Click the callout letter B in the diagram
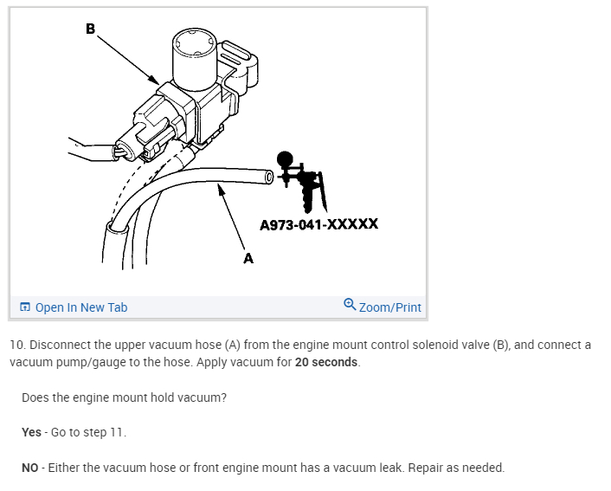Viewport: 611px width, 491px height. (90, 29)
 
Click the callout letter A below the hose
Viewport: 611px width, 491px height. (248, 257)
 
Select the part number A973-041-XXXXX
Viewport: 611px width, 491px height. (318, 224)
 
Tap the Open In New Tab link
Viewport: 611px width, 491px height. (81, 307)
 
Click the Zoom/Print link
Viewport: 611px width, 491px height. (390, 307)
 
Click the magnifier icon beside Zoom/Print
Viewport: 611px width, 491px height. (350, 305)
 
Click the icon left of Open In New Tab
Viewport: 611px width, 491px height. (25, 307)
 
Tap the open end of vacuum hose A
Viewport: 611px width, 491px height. (268, 178)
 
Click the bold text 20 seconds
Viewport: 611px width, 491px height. (326, 362)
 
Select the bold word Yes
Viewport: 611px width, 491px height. (31, 432)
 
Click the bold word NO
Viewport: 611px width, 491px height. (31, 468)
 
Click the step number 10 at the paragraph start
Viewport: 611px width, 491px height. (16, 345)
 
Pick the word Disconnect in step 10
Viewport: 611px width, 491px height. (59, 345)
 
